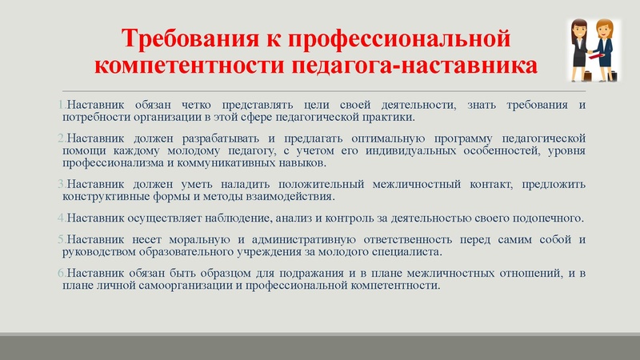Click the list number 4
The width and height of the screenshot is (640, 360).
[x=62, y=218]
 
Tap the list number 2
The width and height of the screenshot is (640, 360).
[x=62, y=138]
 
